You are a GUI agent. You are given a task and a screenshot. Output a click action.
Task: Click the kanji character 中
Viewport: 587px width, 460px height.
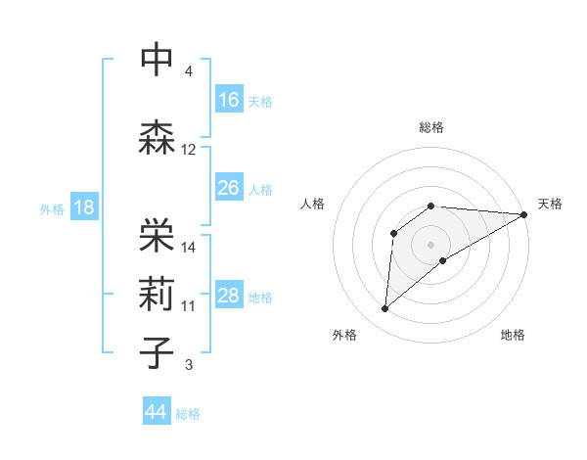pos(158,59)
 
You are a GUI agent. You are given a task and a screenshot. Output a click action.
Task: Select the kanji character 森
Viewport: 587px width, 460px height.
pos(158,137)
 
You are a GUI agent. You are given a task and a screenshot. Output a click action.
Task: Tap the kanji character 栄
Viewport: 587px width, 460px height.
pos(158,232)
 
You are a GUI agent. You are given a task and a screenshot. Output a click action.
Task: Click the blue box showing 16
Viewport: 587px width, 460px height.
pos(229,99)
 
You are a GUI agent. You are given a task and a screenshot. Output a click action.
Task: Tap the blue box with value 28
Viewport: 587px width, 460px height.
pos(229,296)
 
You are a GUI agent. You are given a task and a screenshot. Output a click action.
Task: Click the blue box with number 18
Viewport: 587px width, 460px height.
pos(83,207)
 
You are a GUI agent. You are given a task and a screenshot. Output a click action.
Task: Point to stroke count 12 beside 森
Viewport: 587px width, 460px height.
pos(189,150)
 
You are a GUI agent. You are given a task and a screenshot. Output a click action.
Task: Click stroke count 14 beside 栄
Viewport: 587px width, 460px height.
pos(189,247)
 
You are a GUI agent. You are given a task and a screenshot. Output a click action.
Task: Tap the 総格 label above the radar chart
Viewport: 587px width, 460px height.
pos(431,127)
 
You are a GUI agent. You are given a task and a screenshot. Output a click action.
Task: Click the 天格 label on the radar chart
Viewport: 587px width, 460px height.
pos(550,204)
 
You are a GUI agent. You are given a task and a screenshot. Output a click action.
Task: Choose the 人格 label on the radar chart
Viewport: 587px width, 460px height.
pos(313,204)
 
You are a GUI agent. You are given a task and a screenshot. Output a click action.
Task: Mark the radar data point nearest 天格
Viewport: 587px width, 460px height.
pos(524,214)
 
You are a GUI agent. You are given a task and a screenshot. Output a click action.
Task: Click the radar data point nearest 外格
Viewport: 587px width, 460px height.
pos(385,309)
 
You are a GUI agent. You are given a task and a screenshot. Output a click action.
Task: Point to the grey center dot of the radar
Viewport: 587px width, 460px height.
pos(431,244)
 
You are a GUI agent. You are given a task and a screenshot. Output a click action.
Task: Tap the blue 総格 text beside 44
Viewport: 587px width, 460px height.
pos(188,414)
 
